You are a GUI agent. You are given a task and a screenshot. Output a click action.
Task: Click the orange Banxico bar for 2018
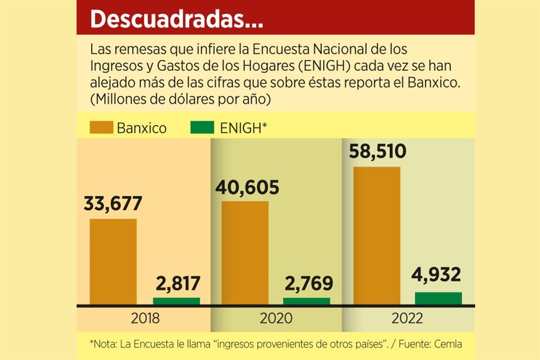[x=113, y=262]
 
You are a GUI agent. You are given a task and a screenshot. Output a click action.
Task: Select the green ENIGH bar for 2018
[x=176, y=301]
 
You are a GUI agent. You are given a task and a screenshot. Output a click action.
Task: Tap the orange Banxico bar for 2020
[x=245, y=253]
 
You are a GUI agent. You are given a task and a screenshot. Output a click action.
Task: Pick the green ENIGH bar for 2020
[x=307, y=301]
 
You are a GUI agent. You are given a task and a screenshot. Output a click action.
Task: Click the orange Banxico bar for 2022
[x=376, y=236]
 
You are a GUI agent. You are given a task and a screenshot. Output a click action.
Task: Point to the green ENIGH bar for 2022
[x=438, y=298]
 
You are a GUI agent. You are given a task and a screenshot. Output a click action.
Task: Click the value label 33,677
[x=113, y=204]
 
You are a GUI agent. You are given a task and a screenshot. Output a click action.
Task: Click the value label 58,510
[x=377, y=152]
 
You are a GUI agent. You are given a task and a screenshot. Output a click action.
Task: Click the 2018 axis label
[x=145, y=318]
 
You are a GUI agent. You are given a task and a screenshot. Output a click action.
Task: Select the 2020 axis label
[x=276, y=318]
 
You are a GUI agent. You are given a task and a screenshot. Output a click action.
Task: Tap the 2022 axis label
[x=407, y=318]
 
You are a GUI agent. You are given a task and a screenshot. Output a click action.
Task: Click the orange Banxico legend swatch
[x=101, y=128]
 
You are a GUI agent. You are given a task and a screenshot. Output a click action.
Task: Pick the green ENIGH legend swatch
[x=202, y=128]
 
